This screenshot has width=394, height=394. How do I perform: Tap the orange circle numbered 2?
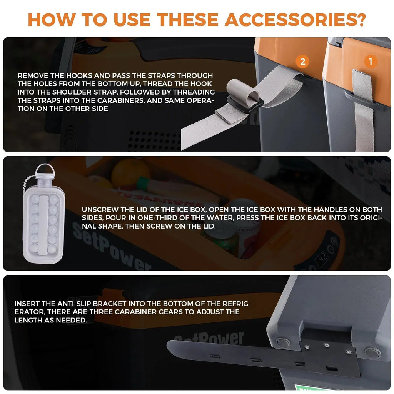302,62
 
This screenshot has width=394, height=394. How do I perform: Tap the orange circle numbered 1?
370,62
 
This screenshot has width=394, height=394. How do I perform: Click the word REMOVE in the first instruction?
33,76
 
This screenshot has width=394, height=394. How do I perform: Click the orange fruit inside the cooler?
130,173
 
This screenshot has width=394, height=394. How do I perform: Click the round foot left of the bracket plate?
283,343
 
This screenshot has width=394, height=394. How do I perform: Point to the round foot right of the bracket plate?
372,352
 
